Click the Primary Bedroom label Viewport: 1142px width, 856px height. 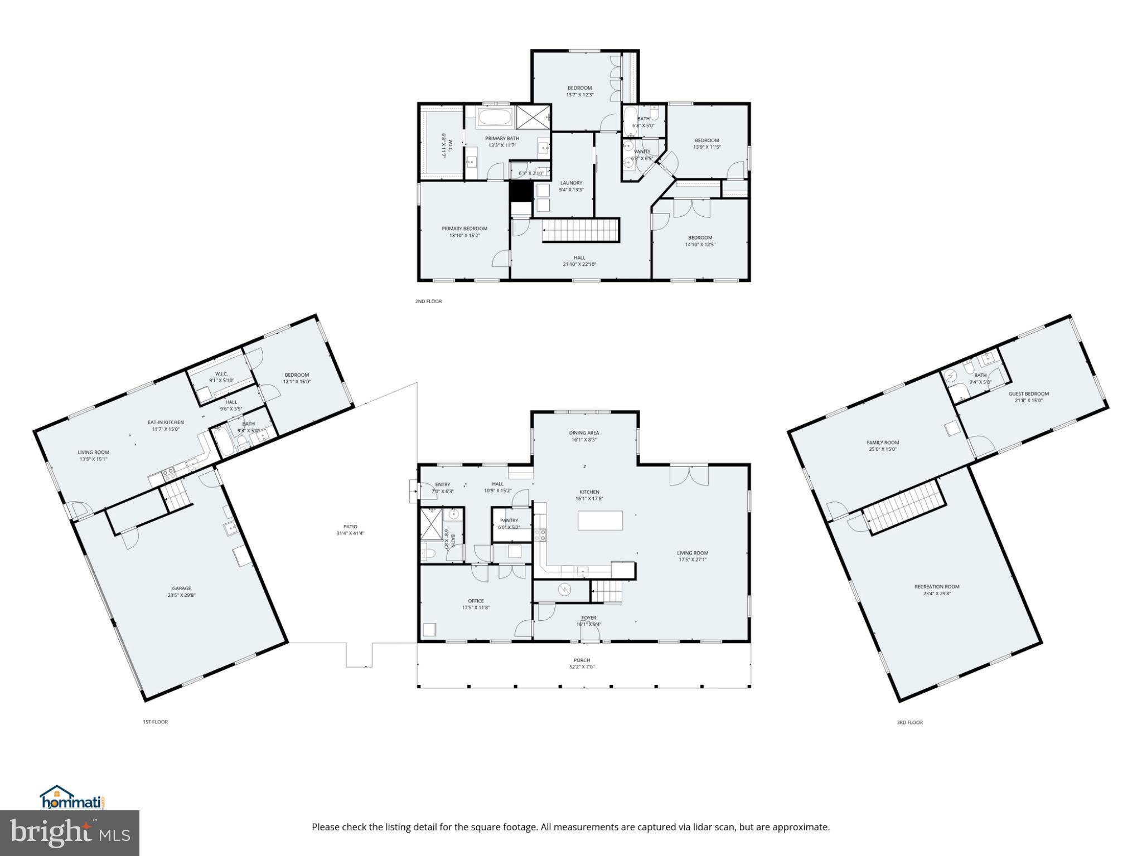coord(464,228)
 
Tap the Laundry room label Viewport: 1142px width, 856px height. coord(571,183)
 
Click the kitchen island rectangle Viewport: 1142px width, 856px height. coord(600,521)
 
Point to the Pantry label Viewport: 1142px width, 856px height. coord(509,521)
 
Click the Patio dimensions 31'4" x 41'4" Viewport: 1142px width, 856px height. coord(350,533)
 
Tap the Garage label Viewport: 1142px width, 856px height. coord(181,588)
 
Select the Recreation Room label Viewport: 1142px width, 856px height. coord(937,586)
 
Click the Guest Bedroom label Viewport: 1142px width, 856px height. coord(1028,393)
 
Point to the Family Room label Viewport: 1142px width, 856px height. coord(883,442)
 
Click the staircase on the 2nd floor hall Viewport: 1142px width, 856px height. coord(581,230)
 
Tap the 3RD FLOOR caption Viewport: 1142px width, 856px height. coord(909,722)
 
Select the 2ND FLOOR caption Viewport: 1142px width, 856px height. coord(428,301)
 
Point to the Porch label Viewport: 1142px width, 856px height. coord(582,660)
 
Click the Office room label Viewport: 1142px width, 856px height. coord(476,601)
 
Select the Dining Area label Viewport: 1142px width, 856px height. coord(584,432)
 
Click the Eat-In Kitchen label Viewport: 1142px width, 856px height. coord(166,422)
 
